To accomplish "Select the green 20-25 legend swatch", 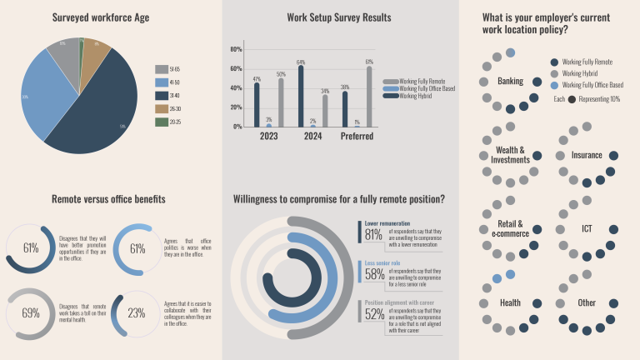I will click(x=161, y=122).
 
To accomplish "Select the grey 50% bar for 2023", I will click(x=282, y=102).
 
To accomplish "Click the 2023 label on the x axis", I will click(x=269, y=137).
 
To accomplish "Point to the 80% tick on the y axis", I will click(x=236, y=49).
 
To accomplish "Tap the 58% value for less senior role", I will click(x=373, y=274).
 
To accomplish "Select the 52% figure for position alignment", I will click(x=373, y=315).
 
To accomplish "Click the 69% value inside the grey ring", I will click(x=31, y=312).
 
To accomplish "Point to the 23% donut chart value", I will click(x=137, y=313).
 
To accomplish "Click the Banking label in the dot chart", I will click(x=510, y=81).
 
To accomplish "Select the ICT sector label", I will click(x=587, y=228).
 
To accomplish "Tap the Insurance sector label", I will click(x=587, y=155).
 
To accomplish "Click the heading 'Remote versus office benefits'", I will click(x=108, y=199).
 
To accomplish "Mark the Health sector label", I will click(x=510, y=302).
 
